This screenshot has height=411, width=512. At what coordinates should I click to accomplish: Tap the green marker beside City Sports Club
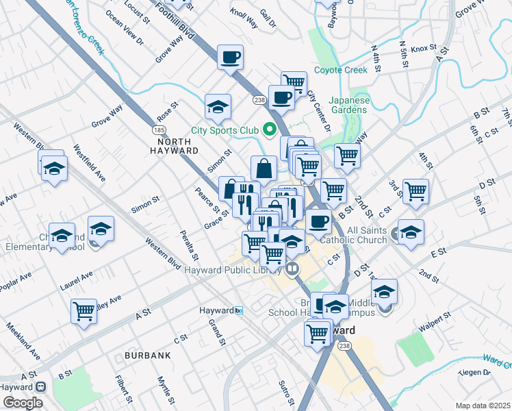pyautogui.click(x=270, y=129)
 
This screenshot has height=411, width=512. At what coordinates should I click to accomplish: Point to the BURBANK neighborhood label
pyautogui.click(x=147, y=356)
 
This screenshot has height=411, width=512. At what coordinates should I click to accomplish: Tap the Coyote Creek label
pyautogui.click(x=341, y=70)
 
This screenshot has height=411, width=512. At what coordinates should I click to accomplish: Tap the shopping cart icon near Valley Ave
pyautogui.click(x=84, y=310)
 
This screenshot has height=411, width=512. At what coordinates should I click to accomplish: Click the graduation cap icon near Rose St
pyautogui.click(x=218, y=107)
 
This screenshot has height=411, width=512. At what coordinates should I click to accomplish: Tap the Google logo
pyautogui.click(x=23, y=403)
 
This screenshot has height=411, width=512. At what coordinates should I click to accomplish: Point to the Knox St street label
pyautogui.click(x=424, y=49)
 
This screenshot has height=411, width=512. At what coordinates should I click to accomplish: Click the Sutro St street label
pyautogui.click(x=286, y=391)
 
